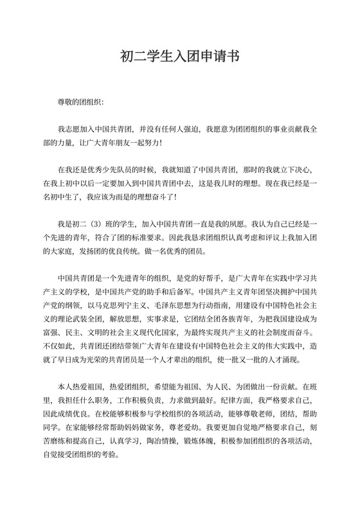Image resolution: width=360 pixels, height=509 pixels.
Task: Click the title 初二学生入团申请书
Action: (180, 56)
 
